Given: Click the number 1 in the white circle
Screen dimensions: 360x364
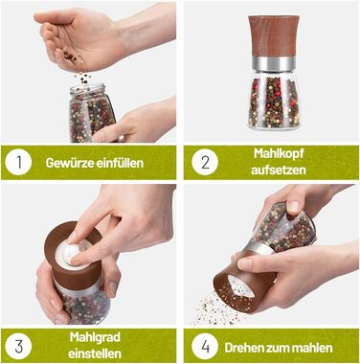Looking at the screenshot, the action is (19, 162).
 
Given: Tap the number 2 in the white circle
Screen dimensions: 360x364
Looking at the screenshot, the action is (206, 162).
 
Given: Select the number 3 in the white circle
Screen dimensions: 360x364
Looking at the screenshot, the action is (19, 346).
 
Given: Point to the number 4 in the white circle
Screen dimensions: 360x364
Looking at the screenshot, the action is (205, 347).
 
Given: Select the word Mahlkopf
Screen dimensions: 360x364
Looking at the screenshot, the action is (279, 153).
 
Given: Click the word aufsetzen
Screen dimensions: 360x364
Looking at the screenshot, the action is (279, 170).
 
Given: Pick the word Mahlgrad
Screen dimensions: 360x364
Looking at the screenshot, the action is (95, 337).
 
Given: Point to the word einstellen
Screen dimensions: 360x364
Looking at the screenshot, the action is (95, 353).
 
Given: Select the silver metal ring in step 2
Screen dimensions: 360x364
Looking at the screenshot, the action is (274, 64).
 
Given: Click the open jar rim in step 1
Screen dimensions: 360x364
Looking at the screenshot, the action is (87, 88).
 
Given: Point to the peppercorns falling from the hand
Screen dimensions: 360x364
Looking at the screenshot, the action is (84, 78).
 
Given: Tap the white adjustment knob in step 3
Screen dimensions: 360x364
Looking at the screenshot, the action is (70, 252).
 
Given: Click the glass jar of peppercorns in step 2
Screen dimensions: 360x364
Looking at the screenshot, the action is (274, 100).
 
